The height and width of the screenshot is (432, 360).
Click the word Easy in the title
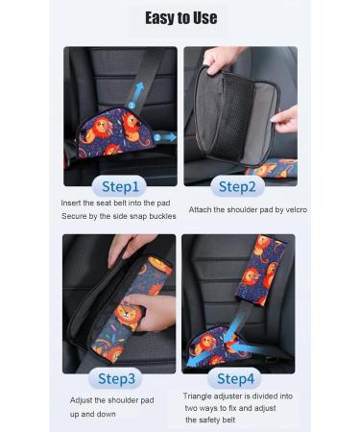point(160,17)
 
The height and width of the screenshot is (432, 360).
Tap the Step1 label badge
point(121,186)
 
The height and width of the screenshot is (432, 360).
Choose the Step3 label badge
point(121,376)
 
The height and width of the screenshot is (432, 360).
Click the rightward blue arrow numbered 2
point(163,138)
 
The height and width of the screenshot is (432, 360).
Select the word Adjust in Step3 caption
point(82,399)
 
